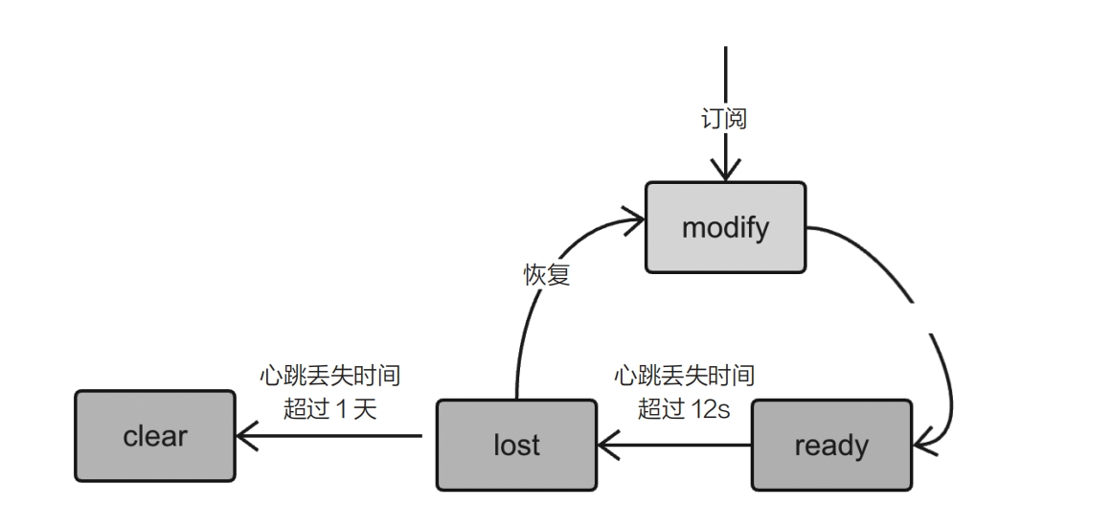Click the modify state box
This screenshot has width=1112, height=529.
[x=725, y=229]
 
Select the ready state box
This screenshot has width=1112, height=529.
[x=831, y=446]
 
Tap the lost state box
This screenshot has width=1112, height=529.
[x=516, y=445]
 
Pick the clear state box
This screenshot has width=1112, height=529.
[x=155, y=436]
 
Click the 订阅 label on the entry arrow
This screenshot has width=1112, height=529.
[x=725, y=120]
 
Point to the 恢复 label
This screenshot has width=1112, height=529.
[x=547, y=275]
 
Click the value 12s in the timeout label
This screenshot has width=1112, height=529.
[x=711, y=409]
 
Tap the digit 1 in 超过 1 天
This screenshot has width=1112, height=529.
[x=341, y=409]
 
